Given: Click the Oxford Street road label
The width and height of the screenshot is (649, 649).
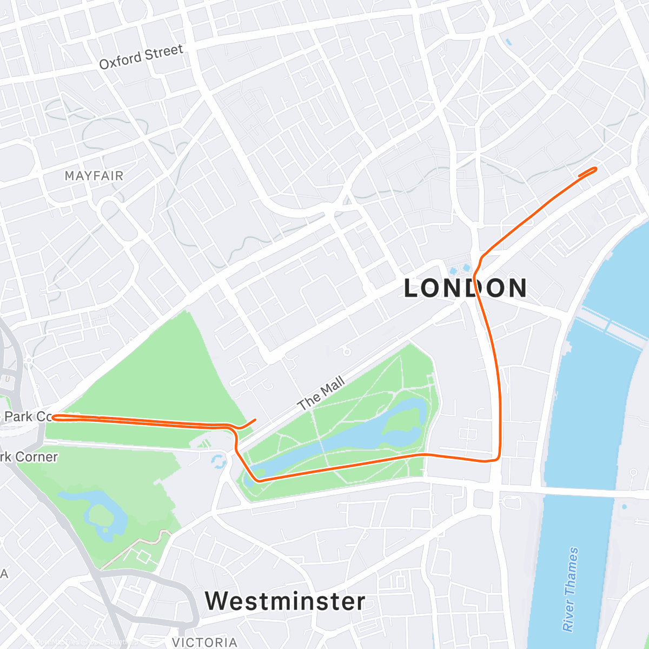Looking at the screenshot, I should pos(141,57).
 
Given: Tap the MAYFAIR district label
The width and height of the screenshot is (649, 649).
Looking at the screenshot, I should pos(94,176).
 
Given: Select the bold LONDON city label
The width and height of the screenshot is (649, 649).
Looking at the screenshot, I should pos(465,288).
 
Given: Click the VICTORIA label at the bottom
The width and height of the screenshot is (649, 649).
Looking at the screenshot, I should pos(204,642).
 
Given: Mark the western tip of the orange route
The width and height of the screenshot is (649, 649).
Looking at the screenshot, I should pos(54,416).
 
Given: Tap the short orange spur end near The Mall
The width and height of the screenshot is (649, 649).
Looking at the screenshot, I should pos(255,419).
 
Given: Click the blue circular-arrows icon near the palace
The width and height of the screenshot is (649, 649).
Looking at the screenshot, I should pos(218,461).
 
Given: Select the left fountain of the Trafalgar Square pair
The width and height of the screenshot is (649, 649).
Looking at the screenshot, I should pos(453,270).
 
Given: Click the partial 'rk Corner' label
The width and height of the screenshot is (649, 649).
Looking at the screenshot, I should pos(29,457).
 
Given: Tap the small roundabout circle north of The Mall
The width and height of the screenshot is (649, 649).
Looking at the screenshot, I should pos(347,352).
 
